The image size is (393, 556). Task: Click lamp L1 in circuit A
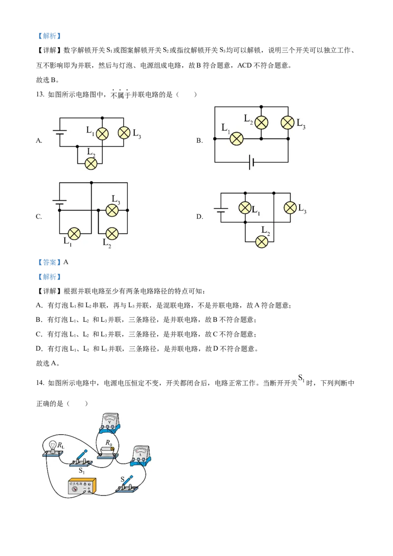(x=103, y=133)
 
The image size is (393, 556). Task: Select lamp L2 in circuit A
(x=91, y=164)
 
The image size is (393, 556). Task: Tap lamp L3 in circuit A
(x=124, y=133)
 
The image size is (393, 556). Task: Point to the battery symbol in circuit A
(x=59, y=132)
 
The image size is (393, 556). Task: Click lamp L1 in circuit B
(x=237, y=139)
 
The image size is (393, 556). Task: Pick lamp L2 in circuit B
(x=261, y=123)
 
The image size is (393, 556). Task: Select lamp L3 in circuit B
(x=288, y=123)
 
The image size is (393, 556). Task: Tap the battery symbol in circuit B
(x=251, y=162)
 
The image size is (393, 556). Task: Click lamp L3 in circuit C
(x=112, y=210)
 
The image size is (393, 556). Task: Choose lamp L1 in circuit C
(x=74, y=234)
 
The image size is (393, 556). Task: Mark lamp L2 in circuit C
(x=112, y=234)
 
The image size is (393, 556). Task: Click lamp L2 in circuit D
(x=262, y=242)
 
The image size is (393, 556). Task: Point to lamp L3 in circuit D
(x=290, y=207)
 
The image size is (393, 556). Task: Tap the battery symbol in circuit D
(x=221, y=210)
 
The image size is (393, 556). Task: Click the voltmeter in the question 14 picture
(x=109, y=423)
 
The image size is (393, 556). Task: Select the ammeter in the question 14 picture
(x=141, y=456)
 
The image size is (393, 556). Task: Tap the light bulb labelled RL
(x=53, y=448)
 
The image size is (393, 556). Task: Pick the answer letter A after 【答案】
(x=66, y=262)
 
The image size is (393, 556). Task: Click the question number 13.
(x=40, y=94)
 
